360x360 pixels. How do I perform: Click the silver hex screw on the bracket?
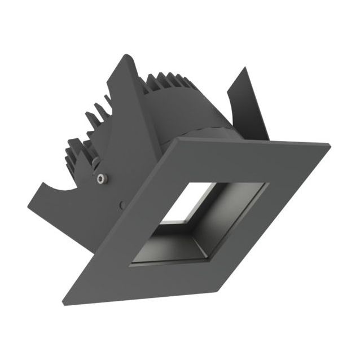100,179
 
